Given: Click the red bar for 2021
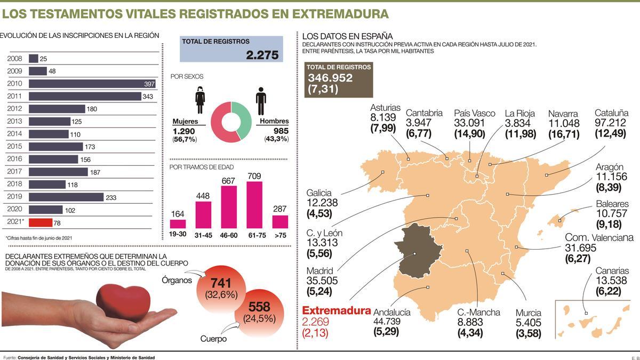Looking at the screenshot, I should coord(41,222).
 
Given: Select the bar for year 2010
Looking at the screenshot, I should coord(92,84).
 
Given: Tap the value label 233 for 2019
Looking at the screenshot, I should coord(111,197).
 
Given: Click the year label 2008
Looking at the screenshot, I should coord(14,59).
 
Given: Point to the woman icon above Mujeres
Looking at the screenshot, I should coord(200,100).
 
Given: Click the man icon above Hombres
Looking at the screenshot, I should coord(261,101).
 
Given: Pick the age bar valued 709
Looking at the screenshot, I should coord(254,205).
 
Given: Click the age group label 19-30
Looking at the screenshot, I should coord(178,233).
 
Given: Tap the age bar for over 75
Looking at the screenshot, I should coord(280,222).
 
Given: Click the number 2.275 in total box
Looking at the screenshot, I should coord(262,54).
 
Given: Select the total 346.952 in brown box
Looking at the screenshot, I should coord(330,78).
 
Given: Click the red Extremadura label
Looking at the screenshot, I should coord(336,310).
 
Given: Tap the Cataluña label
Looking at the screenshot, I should coord(611,113).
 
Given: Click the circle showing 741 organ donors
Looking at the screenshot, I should coord(221,289).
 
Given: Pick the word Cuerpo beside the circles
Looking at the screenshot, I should coord(213,339).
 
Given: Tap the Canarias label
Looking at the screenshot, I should coord(612,271).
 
